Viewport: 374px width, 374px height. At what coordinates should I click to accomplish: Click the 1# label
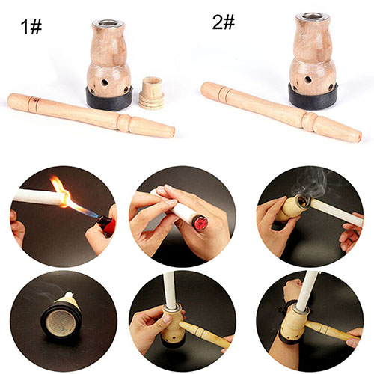31,27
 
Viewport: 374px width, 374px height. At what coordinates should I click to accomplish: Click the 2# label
224,22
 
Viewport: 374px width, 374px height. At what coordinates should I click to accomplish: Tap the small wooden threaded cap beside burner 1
151,93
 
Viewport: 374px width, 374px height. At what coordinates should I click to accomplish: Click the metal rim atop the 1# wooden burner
108,24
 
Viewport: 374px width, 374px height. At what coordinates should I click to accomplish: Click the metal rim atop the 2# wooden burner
312,16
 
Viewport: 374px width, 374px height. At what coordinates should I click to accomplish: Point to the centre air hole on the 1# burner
105,82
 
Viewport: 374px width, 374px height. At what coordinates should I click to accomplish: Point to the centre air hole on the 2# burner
308,80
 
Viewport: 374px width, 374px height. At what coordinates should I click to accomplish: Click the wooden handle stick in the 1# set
91,115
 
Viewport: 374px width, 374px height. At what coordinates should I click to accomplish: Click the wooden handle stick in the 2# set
281,112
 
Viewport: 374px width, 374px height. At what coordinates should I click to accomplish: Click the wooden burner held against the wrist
294,324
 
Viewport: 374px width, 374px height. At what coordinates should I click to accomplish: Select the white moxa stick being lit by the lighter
39,197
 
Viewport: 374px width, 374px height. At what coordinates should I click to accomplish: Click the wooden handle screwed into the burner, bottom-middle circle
204,334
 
